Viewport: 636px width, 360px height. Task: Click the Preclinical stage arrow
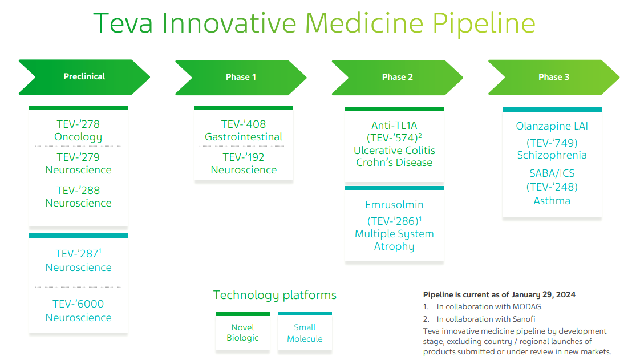pyautogui.click(x=84, y=77)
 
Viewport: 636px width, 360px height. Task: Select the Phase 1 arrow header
pyautogui.click(x=241, y=78)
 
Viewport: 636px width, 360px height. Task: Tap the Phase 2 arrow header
pyautogui.click(x=398, y=78)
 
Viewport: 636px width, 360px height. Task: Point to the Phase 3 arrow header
pyautogui.click(x=554, y=78)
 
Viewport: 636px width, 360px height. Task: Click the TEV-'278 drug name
pyautogui.click(x=78, y=124)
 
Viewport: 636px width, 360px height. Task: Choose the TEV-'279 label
pyautogui.click(x=78, y=157)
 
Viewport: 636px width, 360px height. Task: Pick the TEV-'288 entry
pyautogui.click(x=78, y=191)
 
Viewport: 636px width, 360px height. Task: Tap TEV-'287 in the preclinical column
pyautogui.click(x=78, y=254)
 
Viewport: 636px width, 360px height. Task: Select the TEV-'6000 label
pyautogui.click(x=78, y=304)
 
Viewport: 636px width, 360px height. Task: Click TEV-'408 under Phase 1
pyautogui.click(x=244, y=124)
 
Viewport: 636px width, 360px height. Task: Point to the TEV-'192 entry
pyautogui.click(x=244, y=157)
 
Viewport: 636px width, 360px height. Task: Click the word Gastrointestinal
pyautogui.click(x=244, y=137)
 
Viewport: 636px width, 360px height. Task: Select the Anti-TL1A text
pyautogui.click(x=394, y=126)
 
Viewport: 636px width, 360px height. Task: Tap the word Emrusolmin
pyautogui.click(x=394, y=205)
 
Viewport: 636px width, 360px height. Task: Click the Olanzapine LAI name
pyautogui.click(x=552, y=126)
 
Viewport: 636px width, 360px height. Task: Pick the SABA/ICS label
pyautogui.click(x=552, y=173)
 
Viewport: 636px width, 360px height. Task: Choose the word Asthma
pyautogui.click(x=552, y=201)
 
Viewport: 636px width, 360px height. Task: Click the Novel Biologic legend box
pyautogui.click(x=242, y=331)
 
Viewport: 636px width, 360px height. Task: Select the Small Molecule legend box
pyautogui.click(x=305, y=331)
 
